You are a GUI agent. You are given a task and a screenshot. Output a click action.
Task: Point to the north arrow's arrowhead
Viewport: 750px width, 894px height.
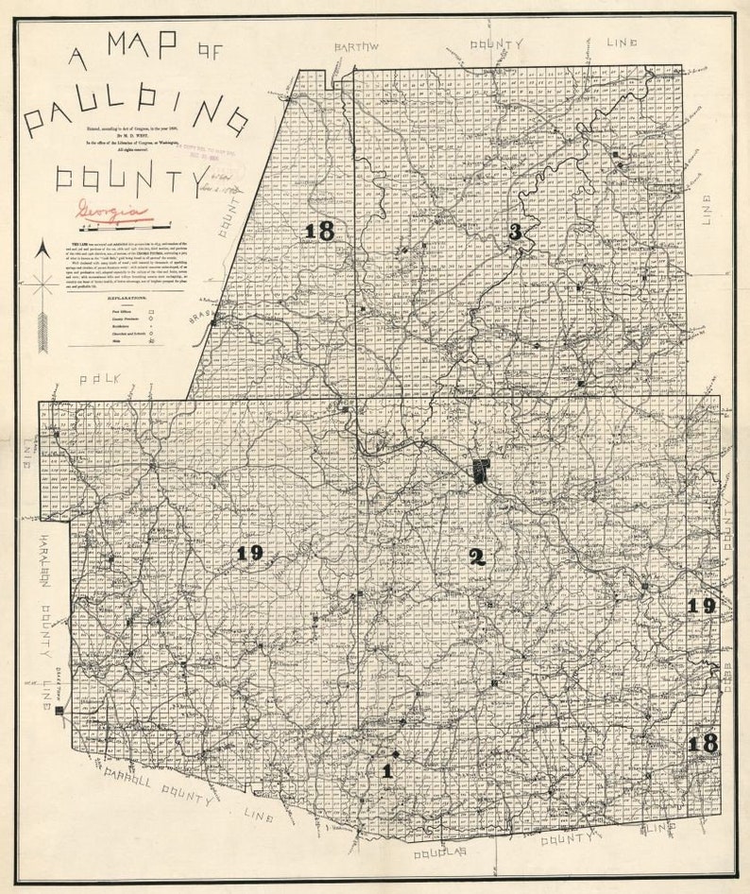pyautogui.click(x=41, y=250)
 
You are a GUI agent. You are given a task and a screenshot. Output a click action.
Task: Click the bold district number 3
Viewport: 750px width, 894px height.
pyautogui.click(x=515, y=231)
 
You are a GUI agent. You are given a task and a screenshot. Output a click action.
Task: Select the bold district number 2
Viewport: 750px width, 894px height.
pyautogui.click(x=478, y=557)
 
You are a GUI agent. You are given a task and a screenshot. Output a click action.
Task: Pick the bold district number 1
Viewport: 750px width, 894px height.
pyautogui.click(x=385, y=769)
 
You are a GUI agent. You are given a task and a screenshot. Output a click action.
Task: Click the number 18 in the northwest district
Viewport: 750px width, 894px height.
pyautogui.click(x=319, y=230)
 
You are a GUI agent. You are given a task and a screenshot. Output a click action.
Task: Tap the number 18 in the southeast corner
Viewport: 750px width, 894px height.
pyautogui.click(x=702, y=744)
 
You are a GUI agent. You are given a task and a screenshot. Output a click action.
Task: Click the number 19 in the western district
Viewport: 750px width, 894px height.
pyautogui.click(x=249, y=553)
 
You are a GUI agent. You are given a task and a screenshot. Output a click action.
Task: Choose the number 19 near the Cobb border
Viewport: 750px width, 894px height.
pyautogui.click(x=702, y=606)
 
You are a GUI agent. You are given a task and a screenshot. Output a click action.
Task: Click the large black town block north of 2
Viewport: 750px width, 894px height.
pyautogui.click(x=482, y=471)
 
